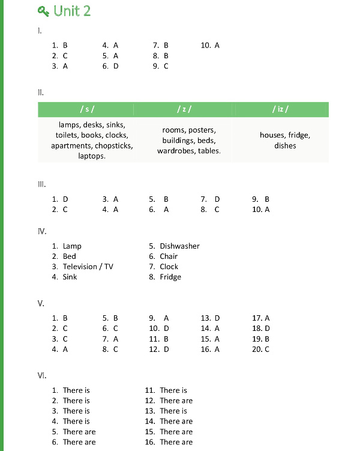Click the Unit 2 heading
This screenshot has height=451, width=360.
[71, 11]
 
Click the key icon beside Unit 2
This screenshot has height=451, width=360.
[44, 11]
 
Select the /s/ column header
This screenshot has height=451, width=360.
[86, 109]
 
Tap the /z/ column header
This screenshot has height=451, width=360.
[184, 109]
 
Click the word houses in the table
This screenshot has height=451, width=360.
[272, 135]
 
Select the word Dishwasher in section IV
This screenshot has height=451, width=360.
[179, 246]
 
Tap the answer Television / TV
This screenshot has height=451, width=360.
[88, 267]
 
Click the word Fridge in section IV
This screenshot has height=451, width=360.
[170, 277]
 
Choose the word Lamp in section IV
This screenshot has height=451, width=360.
[72, 246]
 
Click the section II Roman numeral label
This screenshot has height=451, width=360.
[41, 92]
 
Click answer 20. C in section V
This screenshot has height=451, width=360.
[261, 349]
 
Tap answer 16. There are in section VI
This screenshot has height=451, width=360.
[169, 442]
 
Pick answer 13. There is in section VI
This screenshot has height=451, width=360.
[166, 411]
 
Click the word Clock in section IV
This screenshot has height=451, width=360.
[169, 267]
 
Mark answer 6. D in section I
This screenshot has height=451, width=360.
[110, 66]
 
